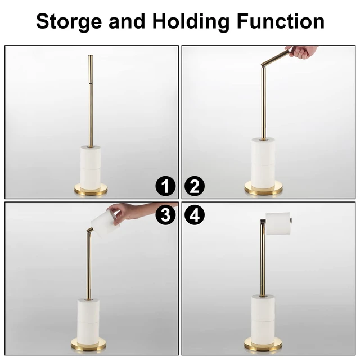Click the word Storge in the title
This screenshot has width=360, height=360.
tap(69, 22)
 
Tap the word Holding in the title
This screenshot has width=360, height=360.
tap(191, 22)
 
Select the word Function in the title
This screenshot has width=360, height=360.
tap(281, 21)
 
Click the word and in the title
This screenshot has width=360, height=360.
tap(127, 21)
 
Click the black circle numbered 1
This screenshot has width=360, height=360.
tap(165, 186)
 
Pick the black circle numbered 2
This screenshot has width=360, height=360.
tap(195, 186)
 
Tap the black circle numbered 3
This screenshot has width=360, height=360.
tap(165, 215)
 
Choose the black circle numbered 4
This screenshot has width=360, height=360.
tap(195, 215)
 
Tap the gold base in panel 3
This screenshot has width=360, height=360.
tap(88, 345)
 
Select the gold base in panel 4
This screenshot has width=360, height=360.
tap(263, 345)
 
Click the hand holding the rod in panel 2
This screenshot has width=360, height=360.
tap(302, 52)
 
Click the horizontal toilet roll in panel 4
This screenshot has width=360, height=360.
tap(278, 224)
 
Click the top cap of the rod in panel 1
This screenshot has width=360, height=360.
tap(91, 56)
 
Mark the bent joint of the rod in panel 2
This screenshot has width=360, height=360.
tap(263, 66)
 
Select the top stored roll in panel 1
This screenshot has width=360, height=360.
tap(91, 157)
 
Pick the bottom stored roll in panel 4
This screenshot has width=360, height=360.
tap(263, 330)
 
